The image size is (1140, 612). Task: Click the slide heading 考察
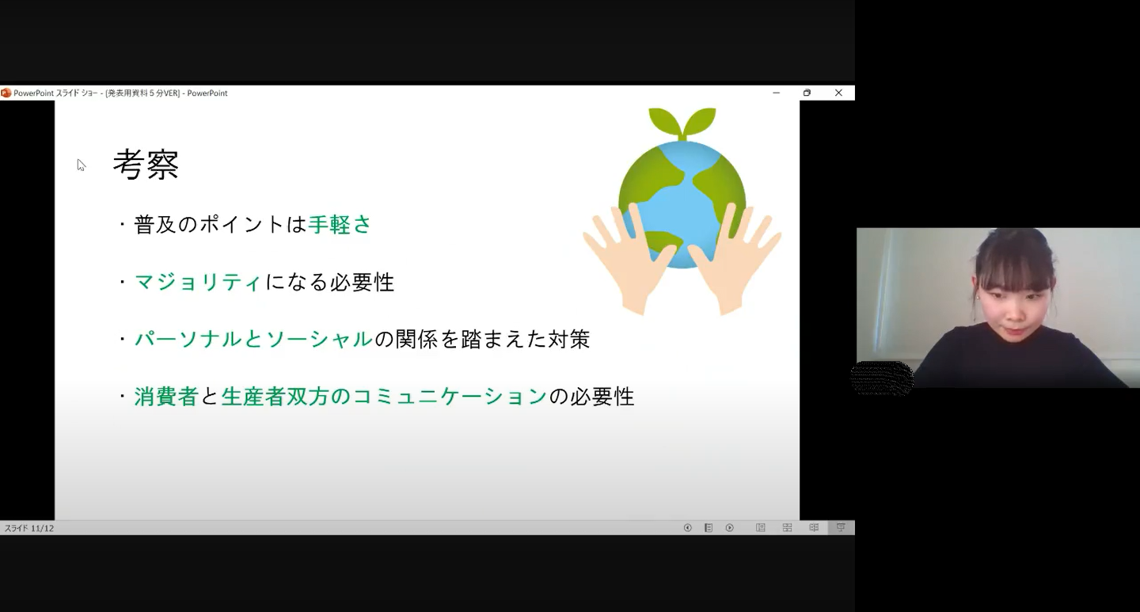point(146,165)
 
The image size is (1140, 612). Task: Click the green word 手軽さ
point(340,225)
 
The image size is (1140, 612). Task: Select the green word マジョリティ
point(198,282)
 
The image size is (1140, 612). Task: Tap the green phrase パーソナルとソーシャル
point(253,339)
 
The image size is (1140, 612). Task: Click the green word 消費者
point(166,397)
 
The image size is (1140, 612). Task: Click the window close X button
point(838,93)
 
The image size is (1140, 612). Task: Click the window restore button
point(807,93)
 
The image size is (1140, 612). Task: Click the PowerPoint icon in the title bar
point(6,93)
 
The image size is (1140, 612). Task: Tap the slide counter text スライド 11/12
point(29,528)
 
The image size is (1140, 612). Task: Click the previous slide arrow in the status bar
point(687,528)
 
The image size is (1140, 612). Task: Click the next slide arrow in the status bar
point(730,528)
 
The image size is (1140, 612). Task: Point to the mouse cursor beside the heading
point(81,165)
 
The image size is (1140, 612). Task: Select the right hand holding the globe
point(733,257)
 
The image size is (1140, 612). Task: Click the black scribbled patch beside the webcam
point(882,378)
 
